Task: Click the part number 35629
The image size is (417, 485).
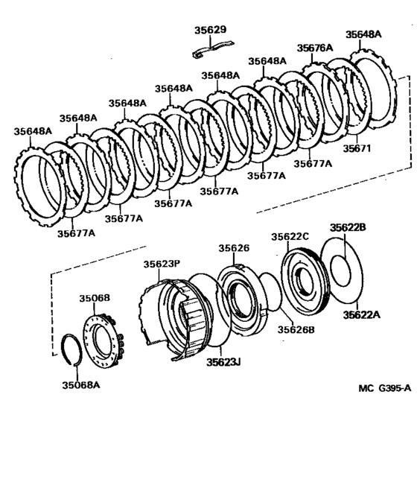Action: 210,30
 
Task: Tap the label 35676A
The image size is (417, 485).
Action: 315,48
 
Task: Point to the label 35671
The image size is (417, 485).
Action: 357,148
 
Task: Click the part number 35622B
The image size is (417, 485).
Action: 348,228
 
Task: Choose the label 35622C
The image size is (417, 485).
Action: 290,237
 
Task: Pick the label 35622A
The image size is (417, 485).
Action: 362,315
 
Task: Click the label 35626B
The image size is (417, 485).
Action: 296,330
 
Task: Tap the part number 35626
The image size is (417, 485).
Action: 234,248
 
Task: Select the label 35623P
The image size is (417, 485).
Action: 162,264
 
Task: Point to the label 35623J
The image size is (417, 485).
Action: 223,362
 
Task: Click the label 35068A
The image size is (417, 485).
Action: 81,385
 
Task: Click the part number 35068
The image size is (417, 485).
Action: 95,298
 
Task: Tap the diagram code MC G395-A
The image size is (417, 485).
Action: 385,388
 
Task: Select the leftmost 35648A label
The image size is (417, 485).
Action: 33,131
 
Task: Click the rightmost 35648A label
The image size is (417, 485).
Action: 363,34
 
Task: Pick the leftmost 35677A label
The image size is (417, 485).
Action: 76,233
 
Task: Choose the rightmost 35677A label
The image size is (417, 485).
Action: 313,163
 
